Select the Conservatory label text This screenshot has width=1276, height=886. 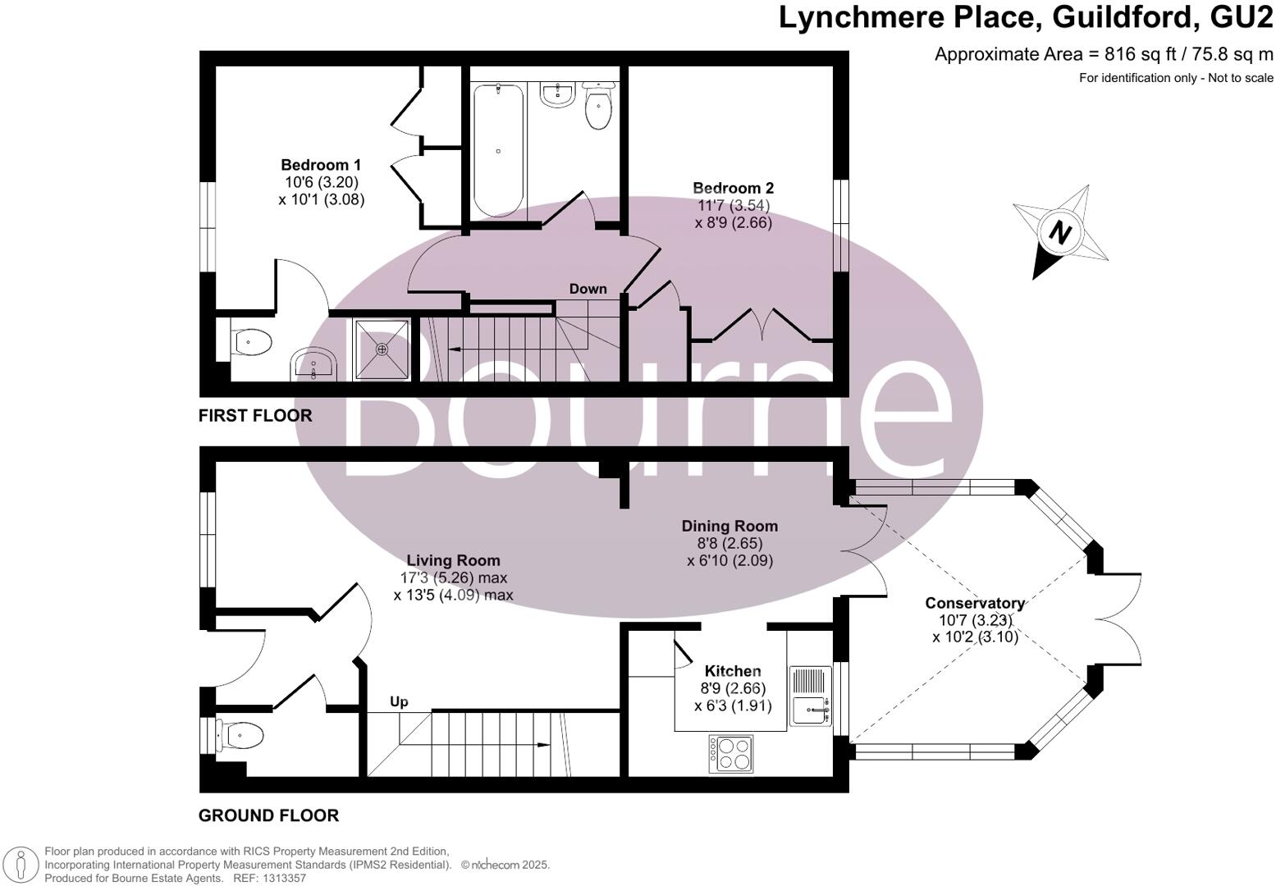click(x=975, y=603)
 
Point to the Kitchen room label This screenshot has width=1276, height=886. click(x=733, y=671)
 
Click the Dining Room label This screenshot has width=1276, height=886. click(x=729, y=526)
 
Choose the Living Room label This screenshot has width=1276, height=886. click(x=453, y=560)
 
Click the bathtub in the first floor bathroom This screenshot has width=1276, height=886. click(x=498, y=150)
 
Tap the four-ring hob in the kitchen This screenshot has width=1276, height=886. click(x=730, y=753)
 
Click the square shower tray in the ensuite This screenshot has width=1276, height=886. click(x=381, y=349)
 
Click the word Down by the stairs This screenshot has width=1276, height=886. click(x=588, y=289)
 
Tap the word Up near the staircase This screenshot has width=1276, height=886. click(x=399, y=702)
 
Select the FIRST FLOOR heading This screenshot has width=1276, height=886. click(x=255, y=416)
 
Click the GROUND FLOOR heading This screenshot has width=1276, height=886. click(x=268, y=815)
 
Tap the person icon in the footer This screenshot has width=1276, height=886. click(x=21, y=865)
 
